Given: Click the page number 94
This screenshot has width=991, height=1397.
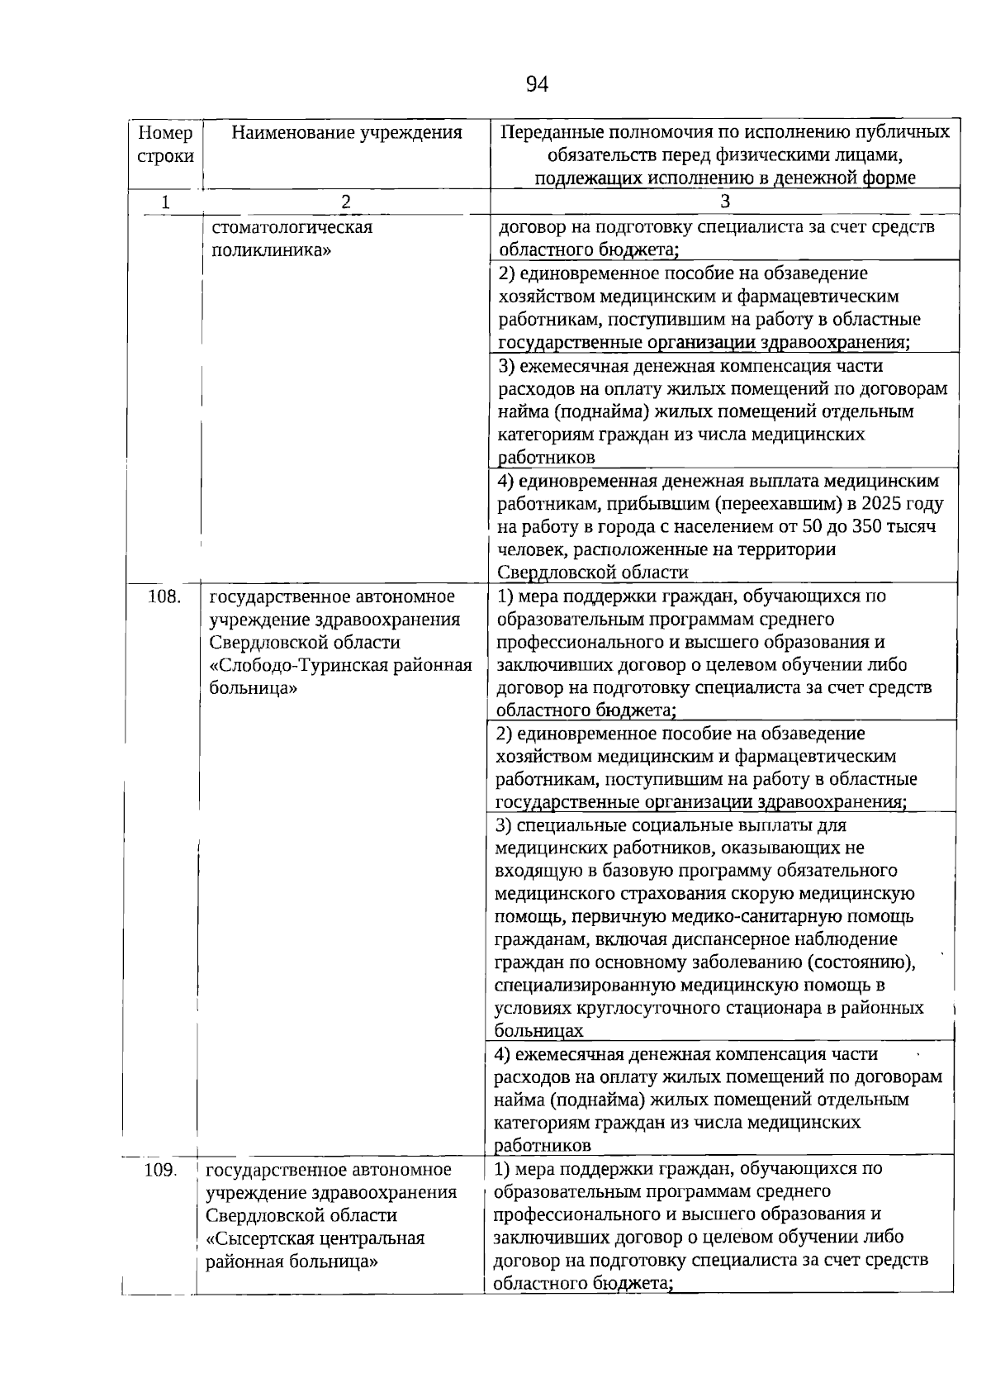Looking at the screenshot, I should tap(537, 84).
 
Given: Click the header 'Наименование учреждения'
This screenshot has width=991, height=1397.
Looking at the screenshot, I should tap(346, 133).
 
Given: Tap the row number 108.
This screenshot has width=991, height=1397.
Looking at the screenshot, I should tap(164, 596).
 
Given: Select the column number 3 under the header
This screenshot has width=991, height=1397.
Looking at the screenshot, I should tap(724, 202).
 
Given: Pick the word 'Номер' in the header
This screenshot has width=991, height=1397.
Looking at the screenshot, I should tap(165, 133).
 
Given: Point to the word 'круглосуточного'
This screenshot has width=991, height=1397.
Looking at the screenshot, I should tap(635, 1009).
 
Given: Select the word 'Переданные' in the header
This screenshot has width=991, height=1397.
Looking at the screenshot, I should tap(550, 133).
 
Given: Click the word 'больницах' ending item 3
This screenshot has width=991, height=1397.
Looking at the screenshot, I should tap(538, 1031).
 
